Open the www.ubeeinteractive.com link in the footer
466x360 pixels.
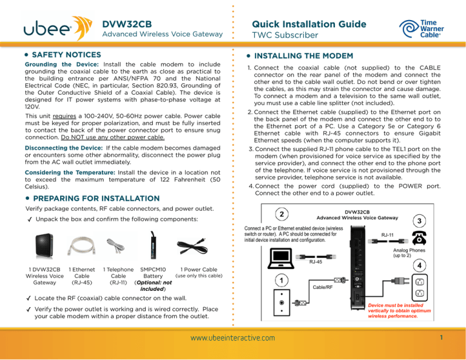pyautogui.click(x=233, y=338)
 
